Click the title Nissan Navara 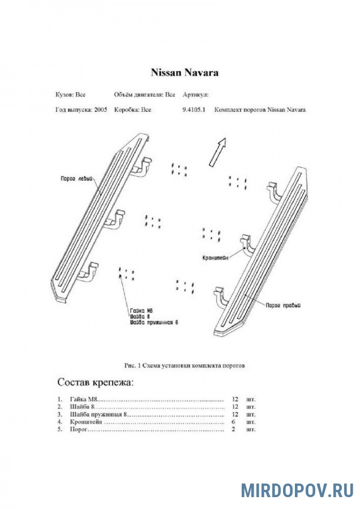(184, 72)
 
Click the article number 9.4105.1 (194, 110)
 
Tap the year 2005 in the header (101, 110)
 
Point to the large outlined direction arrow (217, 152)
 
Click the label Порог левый (76, 178)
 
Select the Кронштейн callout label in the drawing (216, 258)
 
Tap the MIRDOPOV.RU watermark (297, 490)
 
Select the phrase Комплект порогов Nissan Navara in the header (260, 110)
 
